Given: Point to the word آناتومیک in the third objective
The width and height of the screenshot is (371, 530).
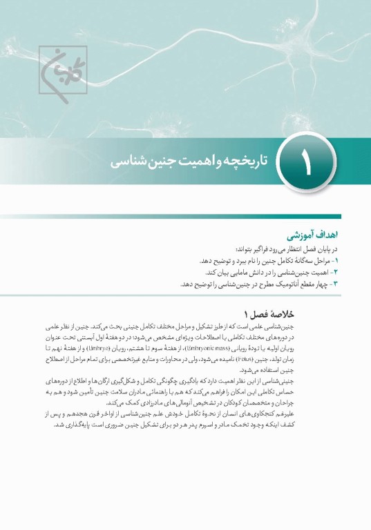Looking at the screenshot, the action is pos(264,284).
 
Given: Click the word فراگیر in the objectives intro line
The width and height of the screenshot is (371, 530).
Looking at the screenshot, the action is pos(265,250).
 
